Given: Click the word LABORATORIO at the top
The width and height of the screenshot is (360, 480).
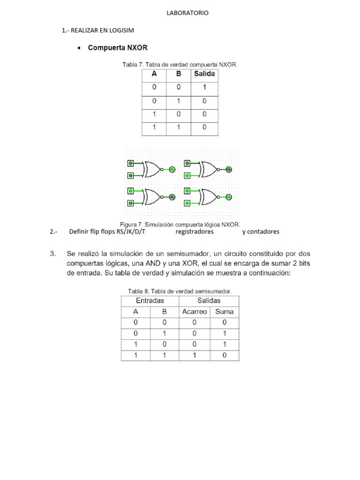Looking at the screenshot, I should pos(187,13).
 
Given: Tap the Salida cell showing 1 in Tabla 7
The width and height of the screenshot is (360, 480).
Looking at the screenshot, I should pos(204,88).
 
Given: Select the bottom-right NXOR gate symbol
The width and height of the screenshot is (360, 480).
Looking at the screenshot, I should pos(207,197).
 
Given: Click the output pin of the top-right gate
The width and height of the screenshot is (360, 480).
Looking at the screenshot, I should pos(228,169).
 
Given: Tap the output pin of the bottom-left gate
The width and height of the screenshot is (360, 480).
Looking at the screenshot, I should pos(172,197).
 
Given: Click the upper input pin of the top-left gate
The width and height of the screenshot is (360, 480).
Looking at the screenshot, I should pos(131,164).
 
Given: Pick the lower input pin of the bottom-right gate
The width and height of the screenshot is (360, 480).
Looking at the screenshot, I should pos(187,203).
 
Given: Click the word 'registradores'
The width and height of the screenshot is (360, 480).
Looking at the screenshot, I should pos(195,232).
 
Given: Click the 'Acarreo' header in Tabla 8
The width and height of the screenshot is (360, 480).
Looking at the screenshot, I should pos(194,311).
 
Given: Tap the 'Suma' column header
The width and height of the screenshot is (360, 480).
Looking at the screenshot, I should pos(224,311).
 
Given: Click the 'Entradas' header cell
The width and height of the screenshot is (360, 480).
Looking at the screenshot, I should pos(150,300).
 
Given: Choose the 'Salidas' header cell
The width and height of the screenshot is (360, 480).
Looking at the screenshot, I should pos(209,300).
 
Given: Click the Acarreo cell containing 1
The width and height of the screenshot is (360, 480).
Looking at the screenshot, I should pos(194,355).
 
